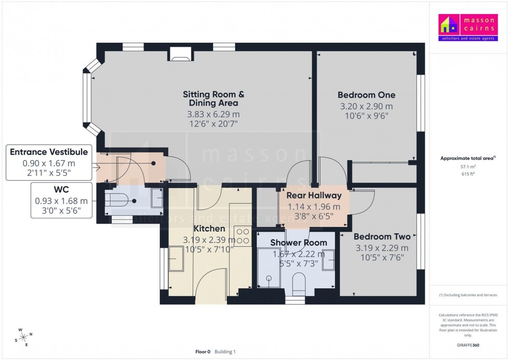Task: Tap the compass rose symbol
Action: point(24,337)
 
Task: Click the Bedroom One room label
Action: point(366,95)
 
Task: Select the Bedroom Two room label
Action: point(382,236)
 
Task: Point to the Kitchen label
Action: point(209,229)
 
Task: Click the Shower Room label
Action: point(299,243)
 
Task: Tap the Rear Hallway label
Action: point(315,196)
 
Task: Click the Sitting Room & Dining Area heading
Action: point(213,99)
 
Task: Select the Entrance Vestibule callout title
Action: point(49,152)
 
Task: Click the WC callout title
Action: point(61,189)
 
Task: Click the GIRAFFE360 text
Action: point(468,344)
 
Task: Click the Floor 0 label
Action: point(203,352)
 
